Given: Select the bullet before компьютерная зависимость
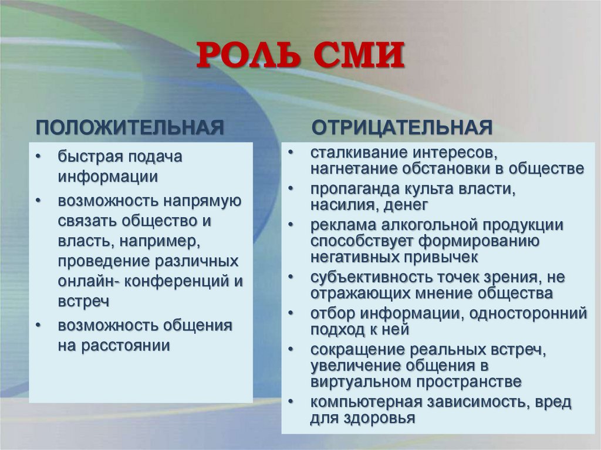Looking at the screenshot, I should pyautogui.click(x=292, y=402).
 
